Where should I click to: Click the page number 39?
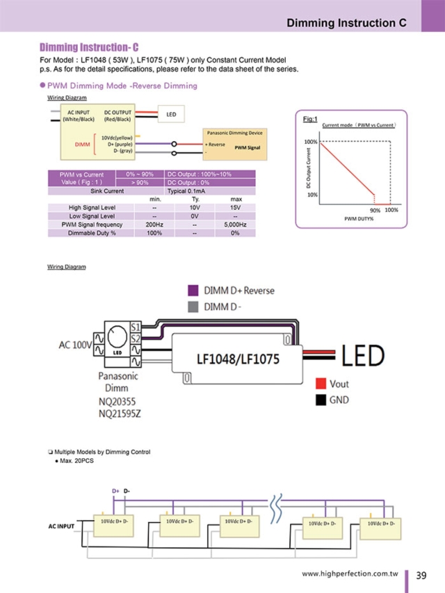pos(421,575)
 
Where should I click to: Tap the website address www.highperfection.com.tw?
pos(349,575)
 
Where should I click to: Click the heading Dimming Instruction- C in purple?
pos(89,47)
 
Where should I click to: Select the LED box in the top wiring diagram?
pos(170,114)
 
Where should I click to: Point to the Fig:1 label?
pos(310,120)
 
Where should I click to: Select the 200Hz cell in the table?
pos(154,225)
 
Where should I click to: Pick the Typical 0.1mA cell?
pos(186,190)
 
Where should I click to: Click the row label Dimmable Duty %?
pos(92,233)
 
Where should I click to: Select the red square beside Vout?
pos(321,384)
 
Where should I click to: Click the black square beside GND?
pos(321,400)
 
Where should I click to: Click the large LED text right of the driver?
pos(362,356)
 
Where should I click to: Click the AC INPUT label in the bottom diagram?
pos(61,526)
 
